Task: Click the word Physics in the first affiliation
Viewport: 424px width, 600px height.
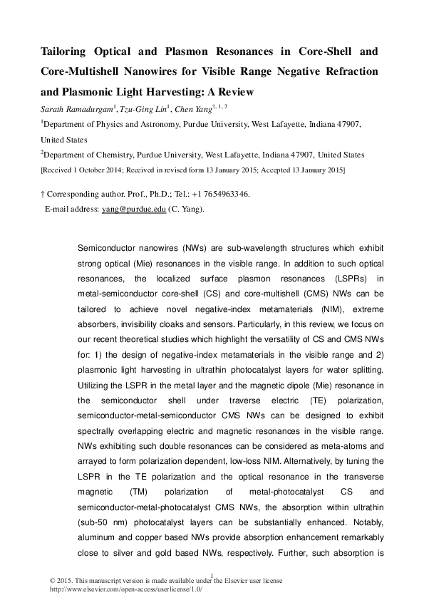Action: point(109,124)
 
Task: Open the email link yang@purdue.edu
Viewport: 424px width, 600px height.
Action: point(143,209)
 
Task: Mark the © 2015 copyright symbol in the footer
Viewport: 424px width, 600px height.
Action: point(43,581)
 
